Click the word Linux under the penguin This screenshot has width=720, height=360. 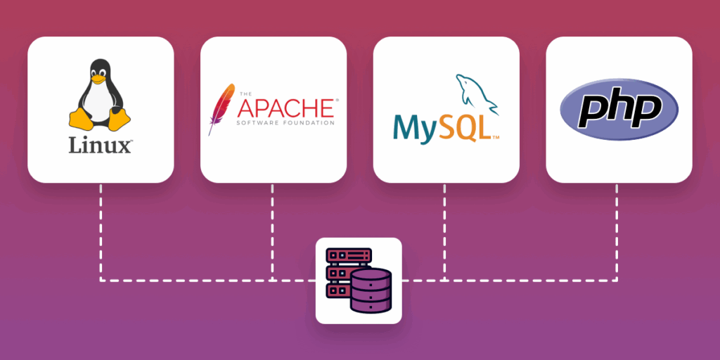pos(100,146)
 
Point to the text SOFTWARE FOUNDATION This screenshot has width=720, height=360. pos(285,123)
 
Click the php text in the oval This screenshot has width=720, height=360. pos(619,110)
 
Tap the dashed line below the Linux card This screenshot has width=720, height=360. pos(101,232)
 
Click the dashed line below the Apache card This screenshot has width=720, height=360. pos(273,232)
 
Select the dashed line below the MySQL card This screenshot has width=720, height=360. pos(446,232)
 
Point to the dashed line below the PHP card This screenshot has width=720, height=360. pos(618,232)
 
